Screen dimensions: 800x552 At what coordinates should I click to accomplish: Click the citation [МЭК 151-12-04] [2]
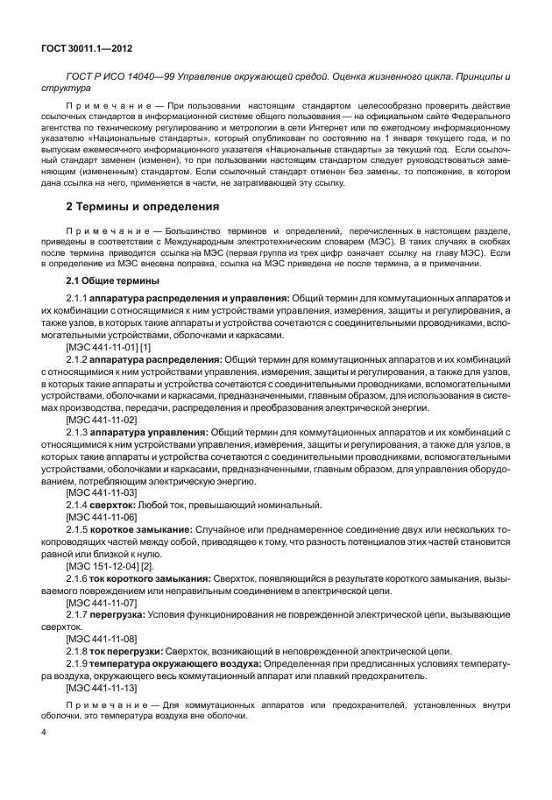[x=110, y=566]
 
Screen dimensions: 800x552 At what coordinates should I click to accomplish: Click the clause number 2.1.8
[x=77, y=651]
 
